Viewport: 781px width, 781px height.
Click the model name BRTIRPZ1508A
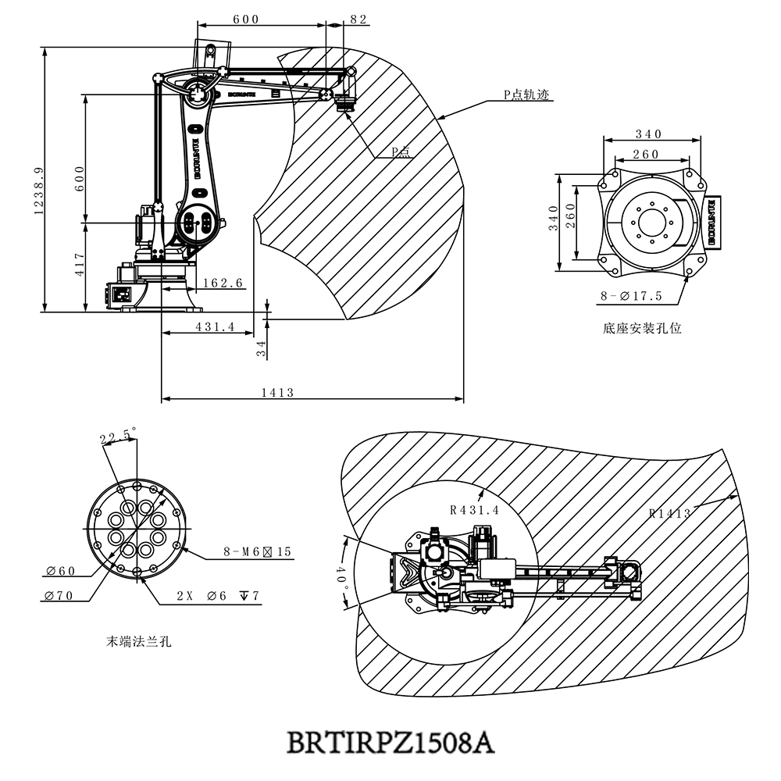click(390, 740)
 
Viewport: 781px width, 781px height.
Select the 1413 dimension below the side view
click(278, 393)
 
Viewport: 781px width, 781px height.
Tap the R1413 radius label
click(670, 513)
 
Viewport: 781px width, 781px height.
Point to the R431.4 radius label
click(474, 510)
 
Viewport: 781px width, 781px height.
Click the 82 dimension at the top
click(358, 20)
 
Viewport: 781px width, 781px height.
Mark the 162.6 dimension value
click(223, 283)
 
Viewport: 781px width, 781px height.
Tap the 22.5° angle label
click(117, 435)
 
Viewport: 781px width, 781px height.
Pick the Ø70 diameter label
click(60, 596)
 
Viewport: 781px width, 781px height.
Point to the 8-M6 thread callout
click(257, 551)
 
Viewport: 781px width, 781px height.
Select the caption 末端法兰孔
click(138, 642)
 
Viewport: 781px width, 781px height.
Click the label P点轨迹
click(527, 94)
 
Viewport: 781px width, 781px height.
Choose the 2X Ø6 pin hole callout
click(217, 596)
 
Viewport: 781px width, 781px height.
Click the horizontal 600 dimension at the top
click(246, 20)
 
